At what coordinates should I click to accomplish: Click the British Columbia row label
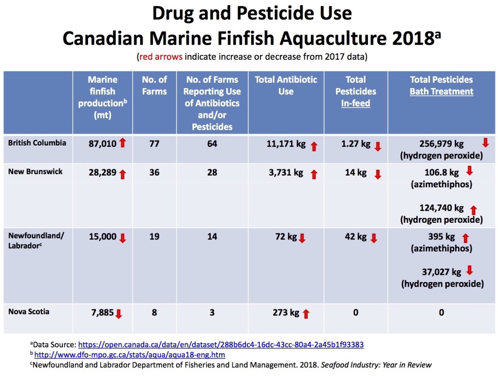(37, 143)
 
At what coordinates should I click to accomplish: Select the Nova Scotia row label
(29, 311)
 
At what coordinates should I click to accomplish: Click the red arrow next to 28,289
(122, 173)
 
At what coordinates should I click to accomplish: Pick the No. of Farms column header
(154, 85)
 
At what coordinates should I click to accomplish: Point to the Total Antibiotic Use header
(286, 85)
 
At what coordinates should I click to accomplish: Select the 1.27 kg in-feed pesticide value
(350, 144)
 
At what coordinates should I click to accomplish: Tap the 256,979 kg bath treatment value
(442, 144)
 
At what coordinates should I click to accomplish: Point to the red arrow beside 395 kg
(465, 238)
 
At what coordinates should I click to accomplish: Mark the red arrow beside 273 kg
(306, 314)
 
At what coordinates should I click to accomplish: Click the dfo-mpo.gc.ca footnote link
(129, 355)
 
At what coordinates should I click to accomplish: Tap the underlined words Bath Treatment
(442, 91)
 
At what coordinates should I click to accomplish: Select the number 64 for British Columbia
(212, 144)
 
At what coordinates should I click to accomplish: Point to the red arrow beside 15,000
(122, 238)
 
